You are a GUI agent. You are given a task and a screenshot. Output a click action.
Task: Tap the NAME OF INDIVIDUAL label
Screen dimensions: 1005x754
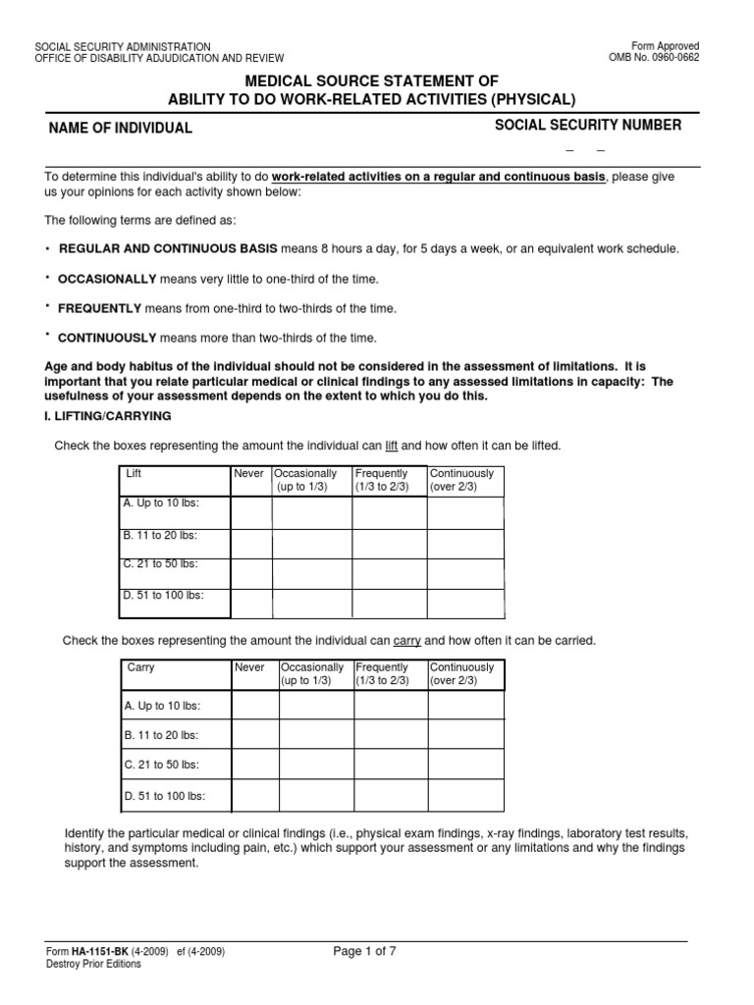pyautogui.click(x=122, y=129)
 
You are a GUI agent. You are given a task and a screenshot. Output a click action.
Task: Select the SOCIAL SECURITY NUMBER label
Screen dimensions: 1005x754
pyautogui.click(x=587, y=125)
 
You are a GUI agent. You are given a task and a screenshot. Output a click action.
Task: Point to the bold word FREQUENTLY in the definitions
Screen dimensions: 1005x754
pyautogui.click(x=100, y=308)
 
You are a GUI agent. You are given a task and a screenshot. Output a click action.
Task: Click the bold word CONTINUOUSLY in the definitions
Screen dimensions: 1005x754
pyautogui.click(x=107, y=338)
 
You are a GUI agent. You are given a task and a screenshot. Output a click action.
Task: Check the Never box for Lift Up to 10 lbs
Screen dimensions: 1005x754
pyautogui.click(x=250, y=511)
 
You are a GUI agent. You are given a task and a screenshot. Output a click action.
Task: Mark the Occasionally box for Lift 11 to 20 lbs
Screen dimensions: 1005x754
pyautogui.click(x=311, y=543)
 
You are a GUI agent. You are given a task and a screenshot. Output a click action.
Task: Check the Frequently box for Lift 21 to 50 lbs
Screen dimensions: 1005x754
pyautogui.click(x=389, y=573)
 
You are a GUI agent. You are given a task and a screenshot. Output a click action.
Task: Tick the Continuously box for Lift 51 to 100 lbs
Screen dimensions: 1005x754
pyautogui.click(x=464, y=603)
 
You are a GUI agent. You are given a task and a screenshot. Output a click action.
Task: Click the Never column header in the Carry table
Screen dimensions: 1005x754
pyautogui.click(x=249, y=667)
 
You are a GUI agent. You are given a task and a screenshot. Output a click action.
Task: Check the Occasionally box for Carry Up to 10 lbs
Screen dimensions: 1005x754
pyautogui.click(x=316, y=705)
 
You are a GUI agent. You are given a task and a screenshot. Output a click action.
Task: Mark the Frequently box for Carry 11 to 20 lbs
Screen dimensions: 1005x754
pyautogui.click(x=390, y=735)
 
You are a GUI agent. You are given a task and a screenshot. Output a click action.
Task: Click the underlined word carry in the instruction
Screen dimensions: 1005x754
pyautogui.click(x=406, y=640)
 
